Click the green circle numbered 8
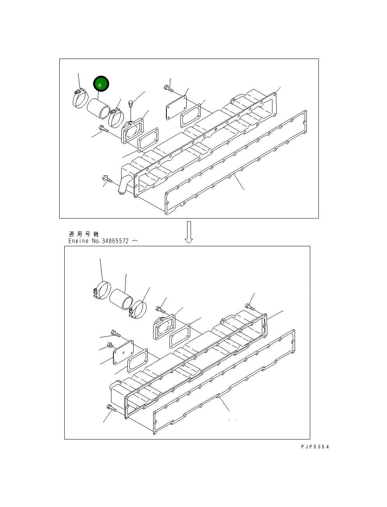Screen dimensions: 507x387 (x=101, y=84)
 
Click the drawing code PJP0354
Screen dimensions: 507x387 (x=315, y=447)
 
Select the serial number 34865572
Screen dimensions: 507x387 (x=115, y=241)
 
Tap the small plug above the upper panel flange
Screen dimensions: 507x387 (x=131, y=104)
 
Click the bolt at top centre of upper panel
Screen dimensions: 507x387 (x=168, y=89)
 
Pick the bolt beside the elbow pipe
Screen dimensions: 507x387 (x=106, y=179)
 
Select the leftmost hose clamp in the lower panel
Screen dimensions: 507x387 (x=102, y=291)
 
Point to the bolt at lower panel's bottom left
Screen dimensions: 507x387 (x=110, y=408)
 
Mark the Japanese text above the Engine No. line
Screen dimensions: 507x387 (x=83, y=234)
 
